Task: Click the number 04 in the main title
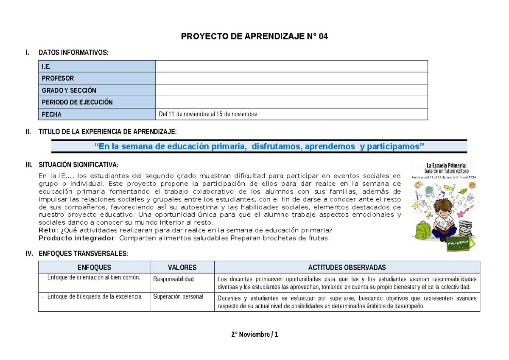coord(322,36)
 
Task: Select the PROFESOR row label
coord(58,78)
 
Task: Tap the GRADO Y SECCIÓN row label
coord(69,90)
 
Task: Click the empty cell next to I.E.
coord(291,67)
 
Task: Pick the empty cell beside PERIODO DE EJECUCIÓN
coord(291,102)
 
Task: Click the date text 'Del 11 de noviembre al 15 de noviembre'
coord(208,114)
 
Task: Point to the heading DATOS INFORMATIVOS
coord(73,53)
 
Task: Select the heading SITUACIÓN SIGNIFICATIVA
coord(78,165)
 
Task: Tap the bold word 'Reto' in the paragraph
coord(46,230)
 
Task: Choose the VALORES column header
coord(182,267)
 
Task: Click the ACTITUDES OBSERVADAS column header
coord(347,267)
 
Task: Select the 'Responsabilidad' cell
coord(173,279)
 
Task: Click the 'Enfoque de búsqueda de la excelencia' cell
coord(94,297)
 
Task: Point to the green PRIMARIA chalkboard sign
coord(459,244)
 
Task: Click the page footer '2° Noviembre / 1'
coord(255,335)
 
